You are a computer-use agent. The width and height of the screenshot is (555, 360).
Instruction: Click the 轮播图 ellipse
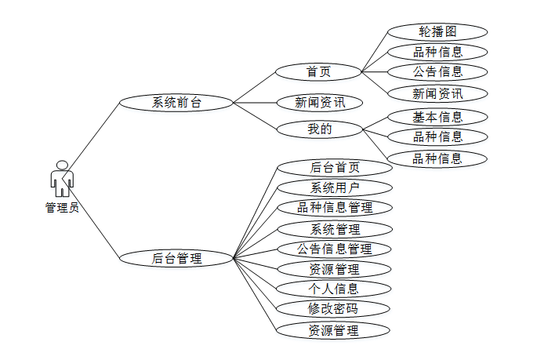tap(437, 32)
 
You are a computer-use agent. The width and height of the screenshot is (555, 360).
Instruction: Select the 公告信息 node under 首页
tap(437, 72)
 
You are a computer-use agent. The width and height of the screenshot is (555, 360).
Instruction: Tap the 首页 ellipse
tap(317, 72)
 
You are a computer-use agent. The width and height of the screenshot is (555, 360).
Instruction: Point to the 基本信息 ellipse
tap(437, 118)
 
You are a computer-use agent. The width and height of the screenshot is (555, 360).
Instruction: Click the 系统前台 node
tap(176, 102)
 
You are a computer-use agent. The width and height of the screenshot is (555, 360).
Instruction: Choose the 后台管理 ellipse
tap(176, 257)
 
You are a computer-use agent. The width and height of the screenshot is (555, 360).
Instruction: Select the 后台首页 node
tap(335, 168)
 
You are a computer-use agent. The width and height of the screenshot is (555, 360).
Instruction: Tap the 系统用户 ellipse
tap(335, 187)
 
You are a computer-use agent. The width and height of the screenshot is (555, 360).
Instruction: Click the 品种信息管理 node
tap(335, 208)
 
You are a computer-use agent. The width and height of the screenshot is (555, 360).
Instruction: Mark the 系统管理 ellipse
tap(335, 229)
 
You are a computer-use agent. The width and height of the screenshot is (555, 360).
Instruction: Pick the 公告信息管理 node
tap(335, 249)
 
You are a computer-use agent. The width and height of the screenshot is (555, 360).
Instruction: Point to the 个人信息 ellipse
tap(335, 289)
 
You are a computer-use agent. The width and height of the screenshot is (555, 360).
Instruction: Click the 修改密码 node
tap(335, 309)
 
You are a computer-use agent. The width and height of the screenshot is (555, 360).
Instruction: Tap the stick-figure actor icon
tap(62, 179)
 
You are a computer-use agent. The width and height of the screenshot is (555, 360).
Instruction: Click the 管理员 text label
tap(62, 208)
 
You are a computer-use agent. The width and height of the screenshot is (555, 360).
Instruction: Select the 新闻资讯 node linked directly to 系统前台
tap(317, 102)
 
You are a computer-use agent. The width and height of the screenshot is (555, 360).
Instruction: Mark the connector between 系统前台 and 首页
tap(255, 87)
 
